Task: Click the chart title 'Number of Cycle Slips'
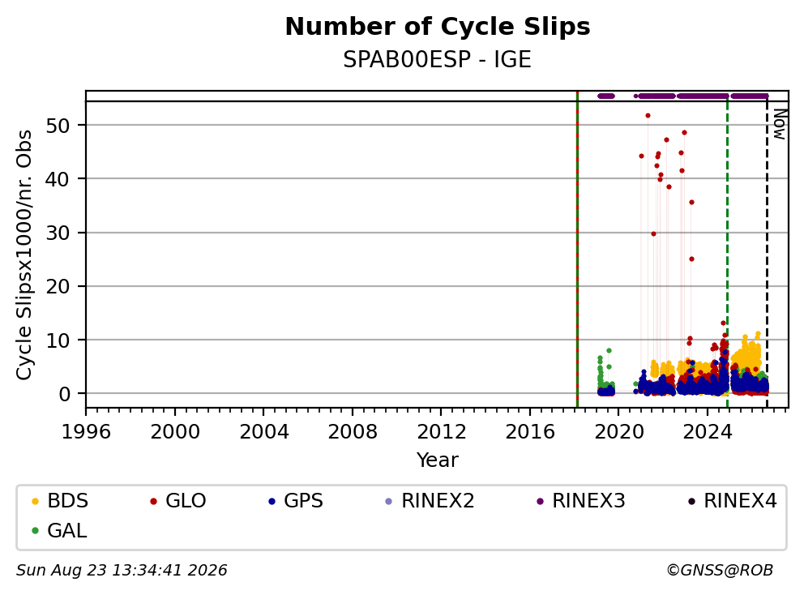(x=438, y=27)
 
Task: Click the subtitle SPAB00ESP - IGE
(x=437, y=59)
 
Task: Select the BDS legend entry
(x=60, y=501)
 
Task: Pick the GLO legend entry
(x=178, y=501)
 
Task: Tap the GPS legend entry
(x=296, y=501)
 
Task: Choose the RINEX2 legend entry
(x=430, y=501)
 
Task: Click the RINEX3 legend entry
(x=580, y=501)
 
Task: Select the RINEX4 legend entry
(x=732, y=501)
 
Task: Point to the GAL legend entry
(x=59, y=530)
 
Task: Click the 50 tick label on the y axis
(x=58, y=125)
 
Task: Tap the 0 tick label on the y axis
(x=64, y=394)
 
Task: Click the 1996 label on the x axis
(x=86, y=432)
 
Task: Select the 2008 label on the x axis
(x=353, y=432)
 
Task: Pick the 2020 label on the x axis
(x=619, y=432)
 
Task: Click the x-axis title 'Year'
(x=437, y=460)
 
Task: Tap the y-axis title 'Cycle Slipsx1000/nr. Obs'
(x=24, y=255)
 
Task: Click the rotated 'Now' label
(x=780, y=124)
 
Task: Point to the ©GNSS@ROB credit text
(x=720, y=570)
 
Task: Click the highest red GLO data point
(x=648, y=116)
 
